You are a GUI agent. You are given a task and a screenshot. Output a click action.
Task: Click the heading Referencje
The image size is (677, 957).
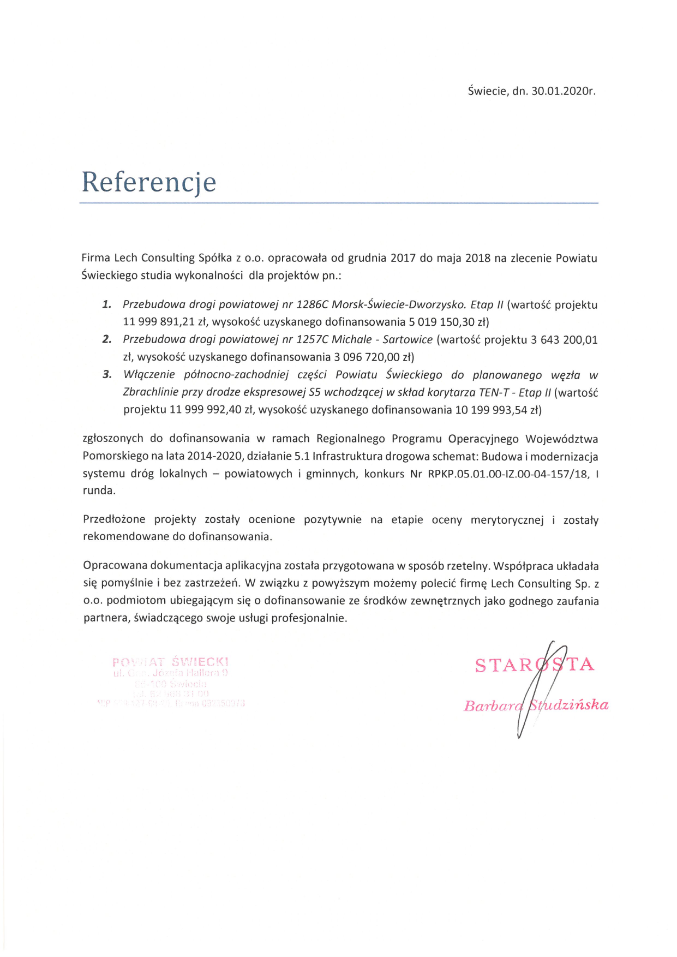click(x=149, y=182)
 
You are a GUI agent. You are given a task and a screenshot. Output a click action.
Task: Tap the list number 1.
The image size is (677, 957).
click(x=107, y=304)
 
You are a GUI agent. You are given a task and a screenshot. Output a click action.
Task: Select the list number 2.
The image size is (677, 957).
click(x=107, y=339)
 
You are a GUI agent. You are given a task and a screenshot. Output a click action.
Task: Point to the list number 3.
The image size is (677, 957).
click(x=107, y=375)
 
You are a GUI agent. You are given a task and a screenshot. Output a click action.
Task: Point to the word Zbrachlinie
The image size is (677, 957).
click(x=150, y=392)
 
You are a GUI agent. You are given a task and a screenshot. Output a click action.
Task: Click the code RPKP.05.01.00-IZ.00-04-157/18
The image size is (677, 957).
click(x=508, y=474)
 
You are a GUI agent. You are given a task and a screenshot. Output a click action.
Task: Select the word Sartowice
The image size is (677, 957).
click(x=408, y=339)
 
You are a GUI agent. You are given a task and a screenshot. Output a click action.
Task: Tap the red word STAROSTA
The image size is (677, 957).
click(x=534, y=665)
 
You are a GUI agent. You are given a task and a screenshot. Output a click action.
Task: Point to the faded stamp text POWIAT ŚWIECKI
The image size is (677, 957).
click(x=170, y=662)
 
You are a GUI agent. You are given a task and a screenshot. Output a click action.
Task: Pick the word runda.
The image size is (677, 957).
click(x=99, y=491)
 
